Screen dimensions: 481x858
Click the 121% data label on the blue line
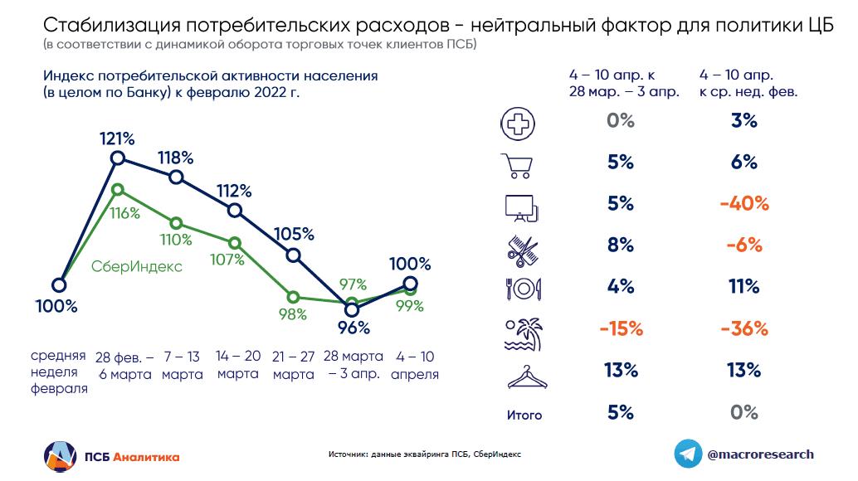point(117,138)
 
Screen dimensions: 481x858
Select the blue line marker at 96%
point(351,310)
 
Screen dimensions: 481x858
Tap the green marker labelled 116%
point(117,188)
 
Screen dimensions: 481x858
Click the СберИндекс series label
point(136,267)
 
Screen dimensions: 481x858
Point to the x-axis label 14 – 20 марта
point(238,365)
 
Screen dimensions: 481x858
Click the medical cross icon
point(519,123)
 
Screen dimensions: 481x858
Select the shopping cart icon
point(519,164)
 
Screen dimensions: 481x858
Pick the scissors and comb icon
point(519,246)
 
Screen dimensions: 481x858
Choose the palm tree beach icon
point(521,329)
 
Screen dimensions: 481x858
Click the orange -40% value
point(744,204)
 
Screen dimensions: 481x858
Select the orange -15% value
point(621,328)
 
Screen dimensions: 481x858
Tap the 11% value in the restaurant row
point(744,287)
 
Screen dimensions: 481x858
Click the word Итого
point(524,415)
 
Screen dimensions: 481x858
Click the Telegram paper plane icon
point(685,454)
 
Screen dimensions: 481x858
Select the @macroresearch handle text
point(760,454)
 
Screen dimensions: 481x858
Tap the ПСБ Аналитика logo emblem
point(61,456)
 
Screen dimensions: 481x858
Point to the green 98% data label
point(293,315)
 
